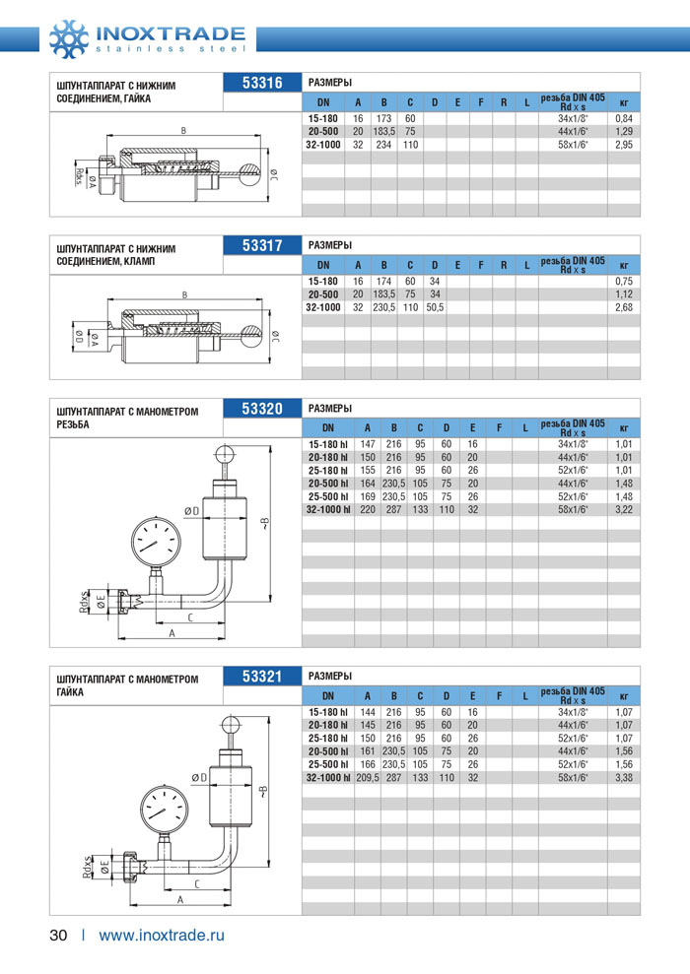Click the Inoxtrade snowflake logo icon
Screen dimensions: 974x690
[69, 36]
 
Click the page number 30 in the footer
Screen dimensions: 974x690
[58, 935]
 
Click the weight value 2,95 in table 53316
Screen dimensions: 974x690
[623, 145]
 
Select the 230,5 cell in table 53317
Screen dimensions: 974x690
[383, 307]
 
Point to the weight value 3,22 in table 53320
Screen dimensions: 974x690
[623, 509]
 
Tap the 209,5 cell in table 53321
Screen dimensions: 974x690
[367, 777]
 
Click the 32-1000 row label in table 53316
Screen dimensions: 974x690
[322, 145]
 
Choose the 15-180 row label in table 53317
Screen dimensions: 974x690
[322, 281]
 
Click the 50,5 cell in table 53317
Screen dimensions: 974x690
[434, 307]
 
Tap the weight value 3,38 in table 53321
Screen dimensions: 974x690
[623, 777]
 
